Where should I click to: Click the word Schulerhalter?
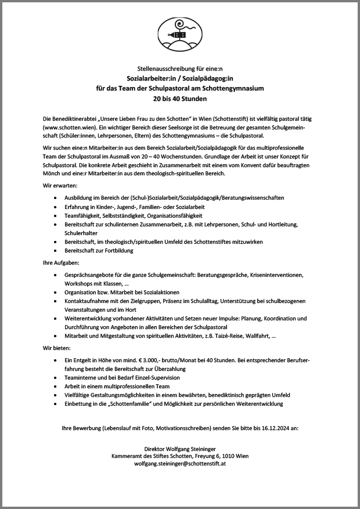(82, 233)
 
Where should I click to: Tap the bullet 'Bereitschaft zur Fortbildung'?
(99, 251)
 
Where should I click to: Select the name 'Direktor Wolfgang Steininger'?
(180, 449)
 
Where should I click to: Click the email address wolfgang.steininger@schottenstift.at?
(180, 464)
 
